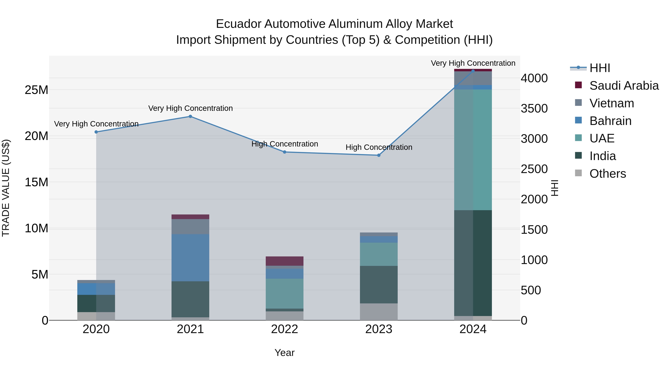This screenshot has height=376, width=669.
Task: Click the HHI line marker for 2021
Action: click(190, 116)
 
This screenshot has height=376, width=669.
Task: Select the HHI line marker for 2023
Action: click(379, 155)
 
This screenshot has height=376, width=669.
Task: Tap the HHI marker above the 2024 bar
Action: click(473, 71)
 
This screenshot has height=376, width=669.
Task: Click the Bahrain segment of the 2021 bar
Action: click(190, 258)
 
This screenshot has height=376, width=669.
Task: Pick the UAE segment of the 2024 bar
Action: click(473, 150)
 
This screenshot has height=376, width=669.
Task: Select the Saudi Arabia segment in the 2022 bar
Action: click(285, 261)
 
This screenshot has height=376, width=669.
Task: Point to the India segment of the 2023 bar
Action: click(379, 284)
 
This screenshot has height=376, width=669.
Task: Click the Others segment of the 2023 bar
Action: click(379, 312)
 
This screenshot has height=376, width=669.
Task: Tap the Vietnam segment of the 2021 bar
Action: click(190, 227)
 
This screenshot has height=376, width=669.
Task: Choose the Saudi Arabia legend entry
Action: click(624, 86)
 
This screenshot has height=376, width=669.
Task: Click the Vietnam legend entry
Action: click(612, 103)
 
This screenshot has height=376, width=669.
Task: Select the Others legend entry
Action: click(607, 174)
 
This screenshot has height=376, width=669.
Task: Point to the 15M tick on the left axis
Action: click(36, 182)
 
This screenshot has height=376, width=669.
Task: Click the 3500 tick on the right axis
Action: click(534, 108)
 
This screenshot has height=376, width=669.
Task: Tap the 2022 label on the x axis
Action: click(285, 329)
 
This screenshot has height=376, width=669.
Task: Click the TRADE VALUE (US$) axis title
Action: click(6, 188)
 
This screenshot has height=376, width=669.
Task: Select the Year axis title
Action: click(285, 353)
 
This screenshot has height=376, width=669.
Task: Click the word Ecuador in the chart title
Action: click(238, 24)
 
